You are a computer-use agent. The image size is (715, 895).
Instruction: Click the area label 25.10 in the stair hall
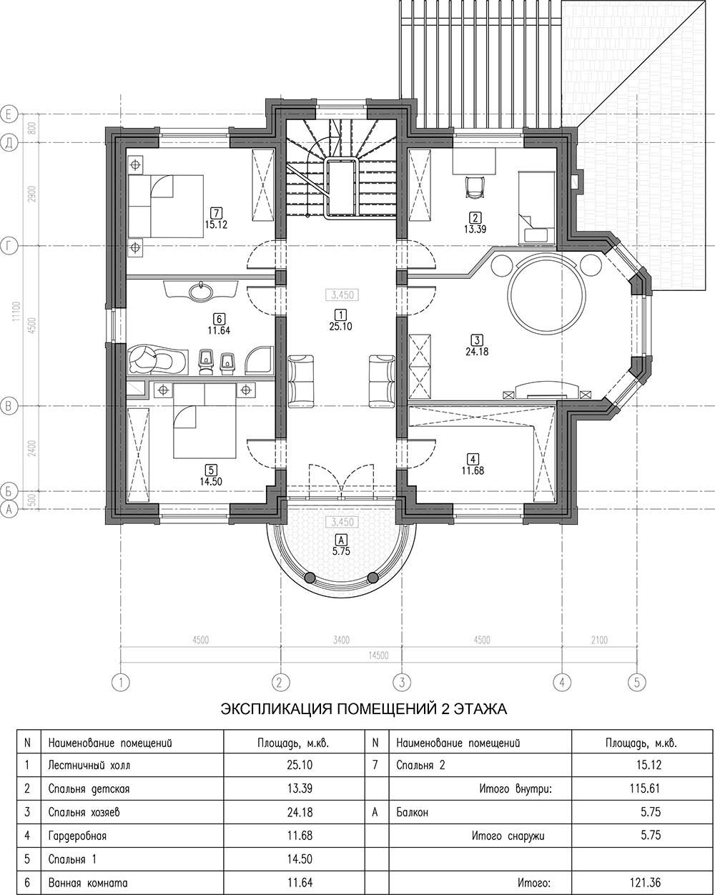340,327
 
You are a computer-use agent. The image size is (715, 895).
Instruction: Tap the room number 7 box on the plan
215,213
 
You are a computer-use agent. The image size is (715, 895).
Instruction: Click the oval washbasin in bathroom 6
202,291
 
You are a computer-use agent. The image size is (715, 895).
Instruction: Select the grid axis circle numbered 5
637,683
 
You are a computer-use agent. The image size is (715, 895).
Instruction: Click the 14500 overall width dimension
378,656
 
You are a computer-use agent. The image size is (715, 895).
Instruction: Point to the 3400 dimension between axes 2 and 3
341,641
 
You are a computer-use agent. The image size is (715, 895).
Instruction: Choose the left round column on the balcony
310,578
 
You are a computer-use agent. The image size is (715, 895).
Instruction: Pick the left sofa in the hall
301,381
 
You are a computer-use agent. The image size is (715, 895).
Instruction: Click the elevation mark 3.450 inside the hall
342,295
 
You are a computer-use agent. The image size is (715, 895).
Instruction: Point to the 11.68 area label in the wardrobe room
473,471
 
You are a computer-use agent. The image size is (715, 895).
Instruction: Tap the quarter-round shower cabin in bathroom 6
259,360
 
